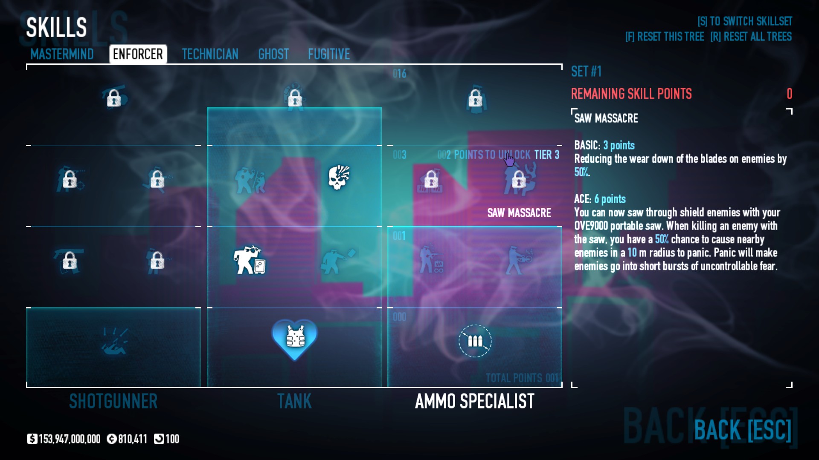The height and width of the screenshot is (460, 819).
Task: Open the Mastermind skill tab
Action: pos(62,54)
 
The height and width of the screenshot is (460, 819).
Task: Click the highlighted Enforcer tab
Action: pos(138,54)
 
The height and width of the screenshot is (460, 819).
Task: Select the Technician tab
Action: pos(210,54)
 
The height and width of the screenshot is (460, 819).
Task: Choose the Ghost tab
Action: pos(273,54)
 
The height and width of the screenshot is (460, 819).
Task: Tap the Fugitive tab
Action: pos(329,54)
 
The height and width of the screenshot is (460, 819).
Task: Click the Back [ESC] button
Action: pos(742,430)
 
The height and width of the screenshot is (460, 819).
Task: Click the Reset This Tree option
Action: pos(664,37)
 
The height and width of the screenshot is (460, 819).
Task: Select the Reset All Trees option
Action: pos(751,37)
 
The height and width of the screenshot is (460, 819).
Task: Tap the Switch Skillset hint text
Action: pos(744,21)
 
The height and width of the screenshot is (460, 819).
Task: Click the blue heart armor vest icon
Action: pos(295,338)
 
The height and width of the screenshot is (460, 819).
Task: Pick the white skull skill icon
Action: pos(339,177)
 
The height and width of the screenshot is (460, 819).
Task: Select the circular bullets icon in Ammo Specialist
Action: pos(475,341)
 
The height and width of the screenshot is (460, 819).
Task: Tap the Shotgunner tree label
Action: pos(113,401)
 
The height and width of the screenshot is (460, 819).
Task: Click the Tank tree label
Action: pos(294,401)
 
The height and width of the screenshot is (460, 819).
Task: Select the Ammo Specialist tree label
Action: pos(474,401)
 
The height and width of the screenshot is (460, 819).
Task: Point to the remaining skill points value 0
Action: pos(789,94)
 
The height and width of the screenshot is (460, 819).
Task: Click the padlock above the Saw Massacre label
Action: pos(519,180)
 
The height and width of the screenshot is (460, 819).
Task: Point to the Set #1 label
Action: pos(586,72)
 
